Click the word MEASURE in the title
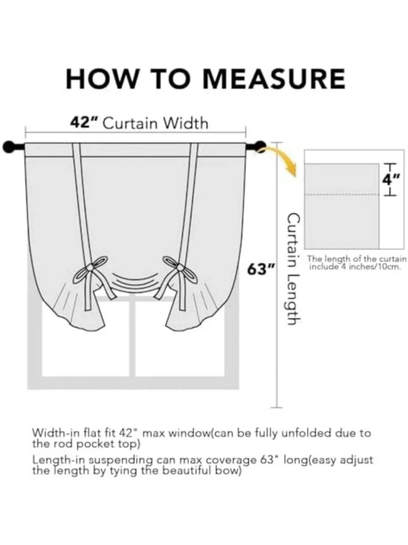click(x=274, y=78)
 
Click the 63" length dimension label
click(x=261, y=270)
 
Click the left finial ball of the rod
click(x=9, y=147)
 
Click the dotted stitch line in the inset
click(x=342, y=195)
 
